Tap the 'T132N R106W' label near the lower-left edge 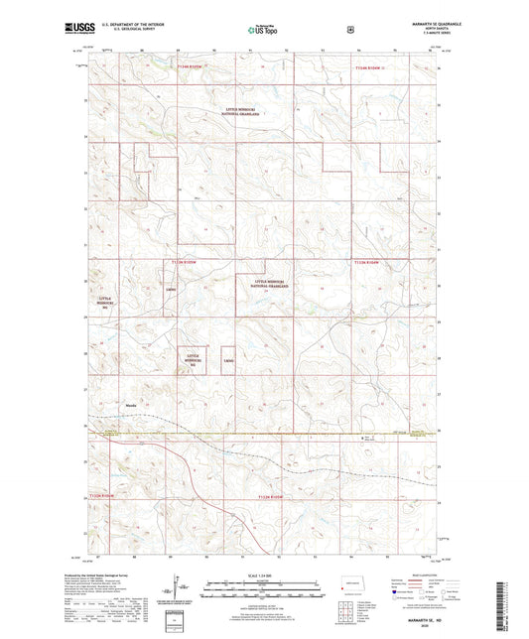103,496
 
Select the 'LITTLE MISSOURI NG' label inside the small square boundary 193,360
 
